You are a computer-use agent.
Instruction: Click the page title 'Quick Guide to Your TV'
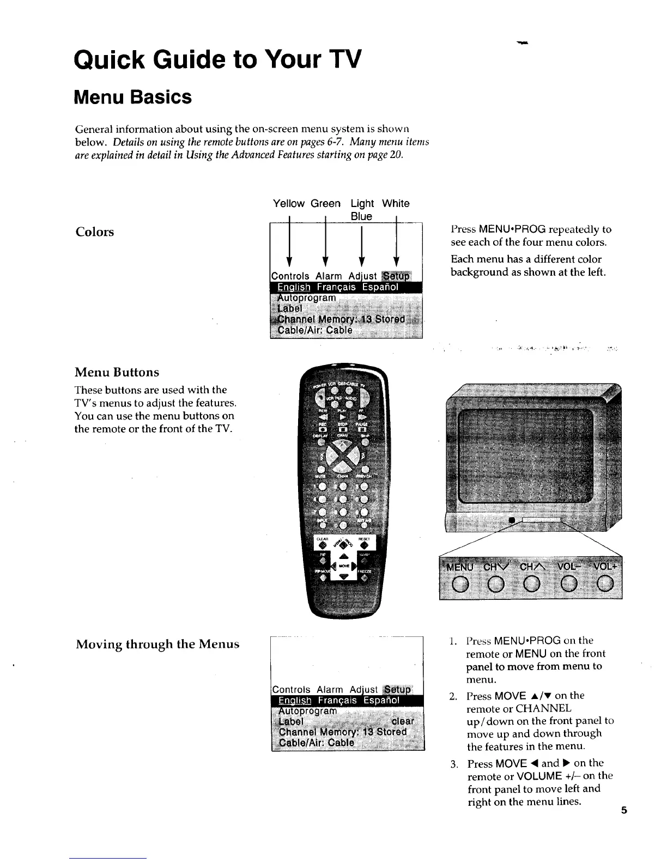pyautogui.click(x=217, y=59)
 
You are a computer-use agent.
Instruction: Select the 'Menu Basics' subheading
pyautogui.click(x=133, y=98)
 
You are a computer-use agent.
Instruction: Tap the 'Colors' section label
pyautogui.click(x=95, y=232)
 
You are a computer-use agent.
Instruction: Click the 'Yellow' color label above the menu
pyautogui.click(x=289, y=204)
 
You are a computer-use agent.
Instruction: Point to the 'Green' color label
pyautogui.click(x=325, y=204)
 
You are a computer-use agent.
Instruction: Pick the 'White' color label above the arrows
pyautogui.click(x=396, y=204)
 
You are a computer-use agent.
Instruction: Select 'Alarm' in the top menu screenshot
pyautogui.click(x=329, y=276)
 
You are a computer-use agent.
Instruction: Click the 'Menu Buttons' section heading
pyautogui.click(x=117, y=373)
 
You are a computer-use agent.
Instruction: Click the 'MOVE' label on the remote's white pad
pyautogui.click(x=344, y=567)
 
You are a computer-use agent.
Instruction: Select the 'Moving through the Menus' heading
pyautogui.click(x=157, y=645)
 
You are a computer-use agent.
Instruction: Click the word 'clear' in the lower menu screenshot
pyautogui.click(x=403, y=721)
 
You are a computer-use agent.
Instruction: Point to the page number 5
pyautogui.click(x=624, y=810)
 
